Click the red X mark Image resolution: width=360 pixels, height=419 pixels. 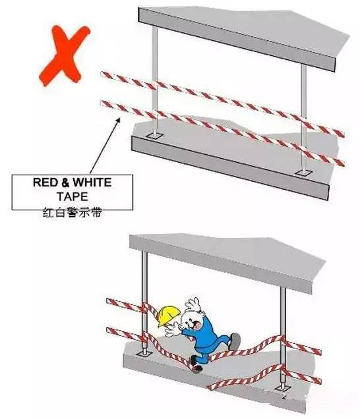64,55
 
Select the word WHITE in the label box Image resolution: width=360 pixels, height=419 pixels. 92,182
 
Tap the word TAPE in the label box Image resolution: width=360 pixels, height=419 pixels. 73,197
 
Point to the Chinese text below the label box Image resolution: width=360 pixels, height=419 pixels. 73,213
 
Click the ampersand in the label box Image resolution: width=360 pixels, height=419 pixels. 65,182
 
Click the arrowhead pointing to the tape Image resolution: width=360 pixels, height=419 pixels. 117,121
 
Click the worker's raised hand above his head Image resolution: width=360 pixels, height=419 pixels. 193,304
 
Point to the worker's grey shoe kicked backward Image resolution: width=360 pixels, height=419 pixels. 235,341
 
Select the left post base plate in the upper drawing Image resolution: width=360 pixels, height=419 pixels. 154,136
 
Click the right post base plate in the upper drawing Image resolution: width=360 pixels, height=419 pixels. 303,173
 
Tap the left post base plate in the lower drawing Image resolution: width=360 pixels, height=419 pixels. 144,354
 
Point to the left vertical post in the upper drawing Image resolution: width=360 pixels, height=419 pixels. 154,80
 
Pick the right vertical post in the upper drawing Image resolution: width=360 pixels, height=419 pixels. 303,117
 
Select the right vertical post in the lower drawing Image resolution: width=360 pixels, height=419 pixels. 283,337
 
